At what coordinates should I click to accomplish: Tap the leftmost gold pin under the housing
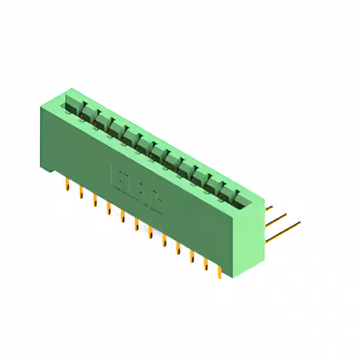tap(67, 184)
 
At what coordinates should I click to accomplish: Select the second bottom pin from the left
tap(81, 192)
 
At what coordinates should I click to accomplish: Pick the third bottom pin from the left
tap(95, 200)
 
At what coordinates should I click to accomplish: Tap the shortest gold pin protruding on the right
tap(269, 208)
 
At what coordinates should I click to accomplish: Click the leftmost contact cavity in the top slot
tap(74, 104)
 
